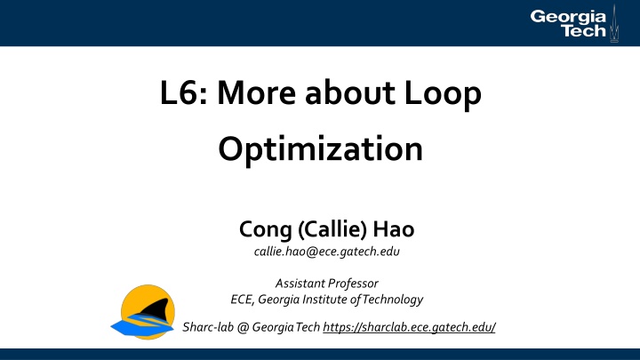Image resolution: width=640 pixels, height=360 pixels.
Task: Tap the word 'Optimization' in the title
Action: click(x=320, y=148)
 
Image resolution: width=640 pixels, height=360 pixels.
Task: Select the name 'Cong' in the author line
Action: click(x=264, y=231)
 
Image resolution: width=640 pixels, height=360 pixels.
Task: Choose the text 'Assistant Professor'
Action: click(x=320, y=284)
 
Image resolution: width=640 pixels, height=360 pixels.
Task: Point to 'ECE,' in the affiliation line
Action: click(x=242, y=299)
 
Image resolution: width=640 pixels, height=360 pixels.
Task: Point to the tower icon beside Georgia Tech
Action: click(x=612, y=22)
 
